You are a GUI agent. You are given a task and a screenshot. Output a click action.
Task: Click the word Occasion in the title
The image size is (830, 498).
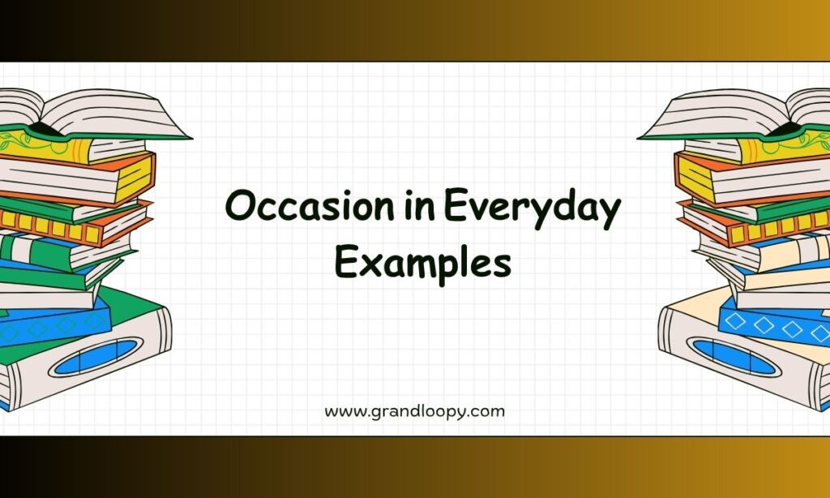[x=310, y=205]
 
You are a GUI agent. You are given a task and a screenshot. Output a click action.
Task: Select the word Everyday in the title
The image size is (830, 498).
[x=532, y=208]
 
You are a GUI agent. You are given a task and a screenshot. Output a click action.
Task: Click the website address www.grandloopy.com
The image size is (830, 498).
[x=414, y=412]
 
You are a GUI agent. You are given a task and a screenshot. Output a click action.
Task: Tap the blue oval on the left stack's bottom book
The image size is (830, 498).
[x=96, y=357]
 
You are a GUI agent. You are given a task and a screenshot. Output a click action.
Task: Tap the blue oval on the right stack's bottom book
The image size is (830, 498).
[x=734, y=356]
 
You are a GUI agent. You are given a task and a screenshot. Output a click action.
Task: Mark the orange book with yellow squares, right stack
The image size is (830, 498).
[x=756, y=225]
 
